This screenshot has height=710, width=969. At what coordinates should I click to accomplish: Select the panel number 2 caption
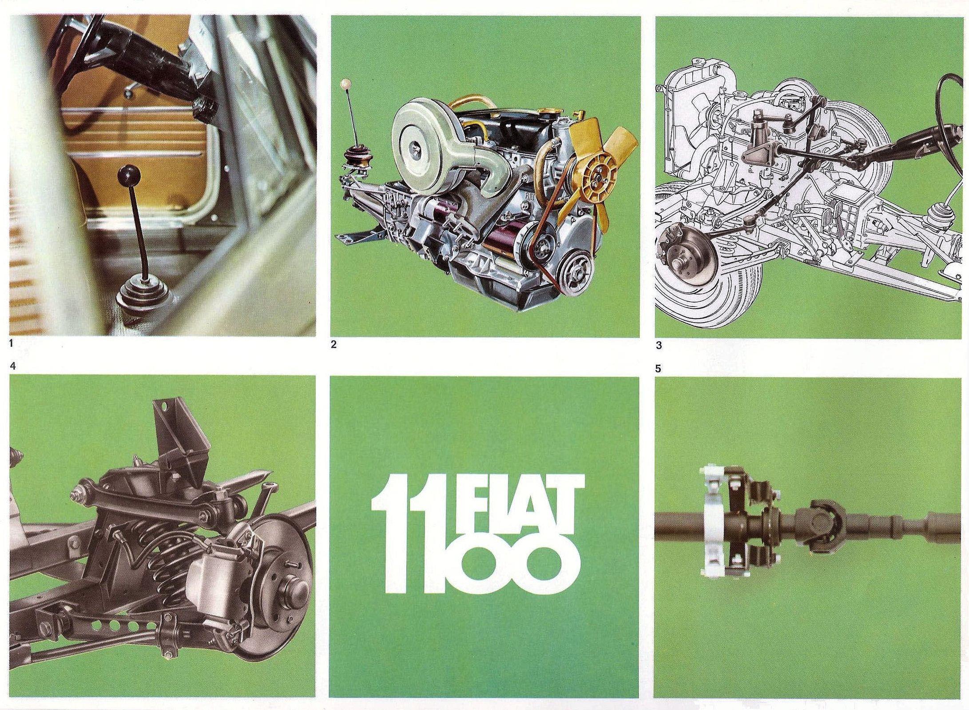(x=334, y=343)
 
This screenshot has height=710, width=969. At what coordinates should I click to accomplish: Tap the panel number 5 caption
(x=659, y=368)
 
